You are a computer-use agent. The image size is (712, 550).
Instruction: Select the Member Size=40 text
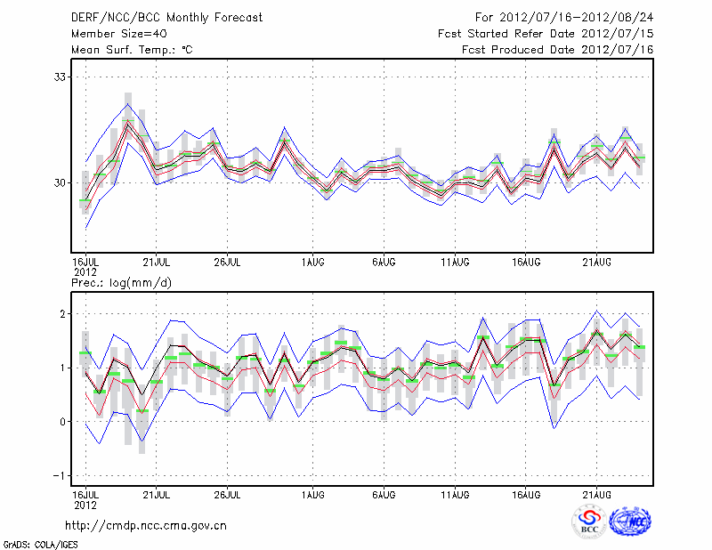(112, 33)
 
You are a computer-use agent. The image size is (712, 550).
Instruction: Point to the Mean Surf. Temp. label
(132, 49)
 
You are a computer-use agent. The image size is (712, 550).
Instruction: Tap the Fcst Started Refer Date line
(546, 33)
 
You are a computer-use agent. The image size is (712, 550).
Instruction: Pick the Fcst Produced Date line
(557, 49)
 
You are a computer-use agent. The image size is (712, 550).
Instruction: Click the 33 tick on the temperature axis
(61, 77)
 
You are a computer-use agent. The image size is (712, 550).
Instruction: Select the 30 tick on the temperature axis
(61, 182)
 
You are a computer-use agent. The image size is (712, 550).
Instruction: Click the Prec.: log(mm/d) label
(120, 282)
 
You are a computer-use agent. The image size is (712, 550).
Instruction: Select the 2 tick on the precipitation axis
(64, 314)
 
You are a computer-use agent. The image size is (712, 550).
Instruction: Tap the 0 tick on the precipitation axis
(64, 421)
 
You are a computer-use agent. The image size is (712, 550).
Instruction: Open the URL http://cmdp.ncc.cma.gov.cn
(147, 526)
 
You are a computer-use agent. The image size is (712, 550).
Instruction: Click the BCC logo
(589, 522)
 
